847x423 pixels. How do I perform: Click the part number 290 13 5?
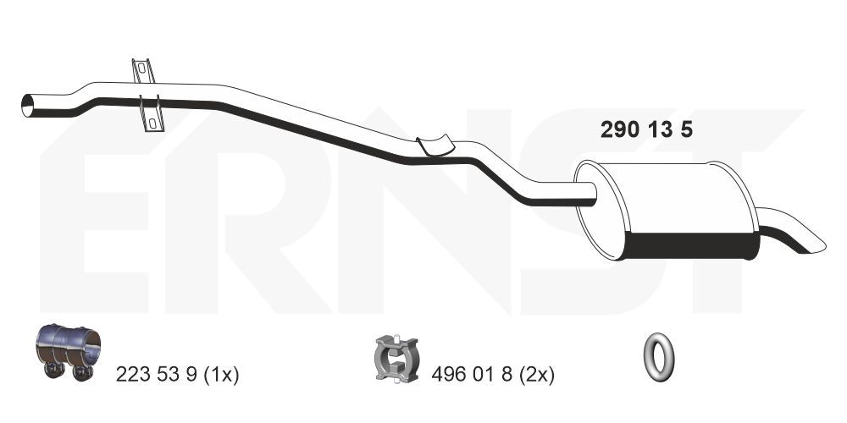coord(646,130)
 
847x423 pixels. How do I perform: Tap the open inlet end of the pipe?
coord(27,105)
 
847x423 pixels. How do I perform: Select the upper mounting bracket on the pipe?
coord(143,70)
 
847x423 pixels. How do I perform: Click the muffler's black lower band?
coord(691,245)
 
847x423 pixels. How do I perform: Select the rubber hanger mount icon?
coord(396,358)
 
